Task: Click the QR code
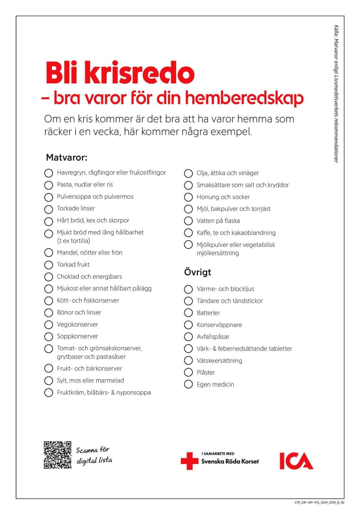[58, 455]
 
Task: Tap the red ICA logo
[296, 461]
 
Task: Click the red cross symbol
[189, 461]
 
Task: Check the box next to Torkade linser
[49, 209]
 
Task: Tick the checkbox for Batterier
[188, 313]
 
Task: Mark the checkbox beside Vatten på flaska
[188, 221]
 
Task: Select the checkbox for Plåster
[188, 372]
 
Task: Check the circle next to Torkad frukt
[49, 265]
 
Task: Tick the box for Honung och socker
[188, 197]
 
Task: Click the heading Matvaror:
[67, 157]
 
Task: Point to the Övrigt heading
[197, 272]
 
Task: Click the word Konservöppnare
[219, 325]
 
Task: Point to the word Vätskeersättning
[219, 360]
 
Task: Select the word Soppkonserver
[77, 336]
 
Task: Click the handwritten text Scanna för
[92, 450]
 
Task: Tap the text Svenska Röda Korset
[230, 462]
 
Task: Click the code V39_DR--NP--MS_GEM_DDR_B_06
[319, 503]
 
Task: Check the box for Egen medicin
[188, 384]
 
